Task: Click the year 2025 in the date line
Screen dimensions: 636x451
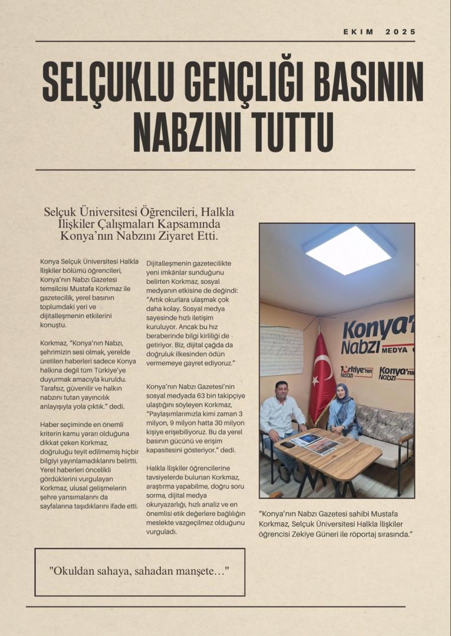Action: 401,32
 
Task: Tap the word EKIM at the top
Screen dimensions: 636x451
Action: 358,32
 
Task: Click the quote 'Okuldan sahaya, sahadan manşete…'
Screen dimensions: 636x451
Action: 139,571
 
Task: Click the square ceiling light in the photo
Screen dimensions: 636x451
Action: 349,249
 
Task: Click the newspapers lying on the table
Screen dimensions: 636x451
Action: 316,443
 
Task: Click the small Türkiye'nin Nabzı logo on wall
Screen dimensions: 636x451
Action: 356,372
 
